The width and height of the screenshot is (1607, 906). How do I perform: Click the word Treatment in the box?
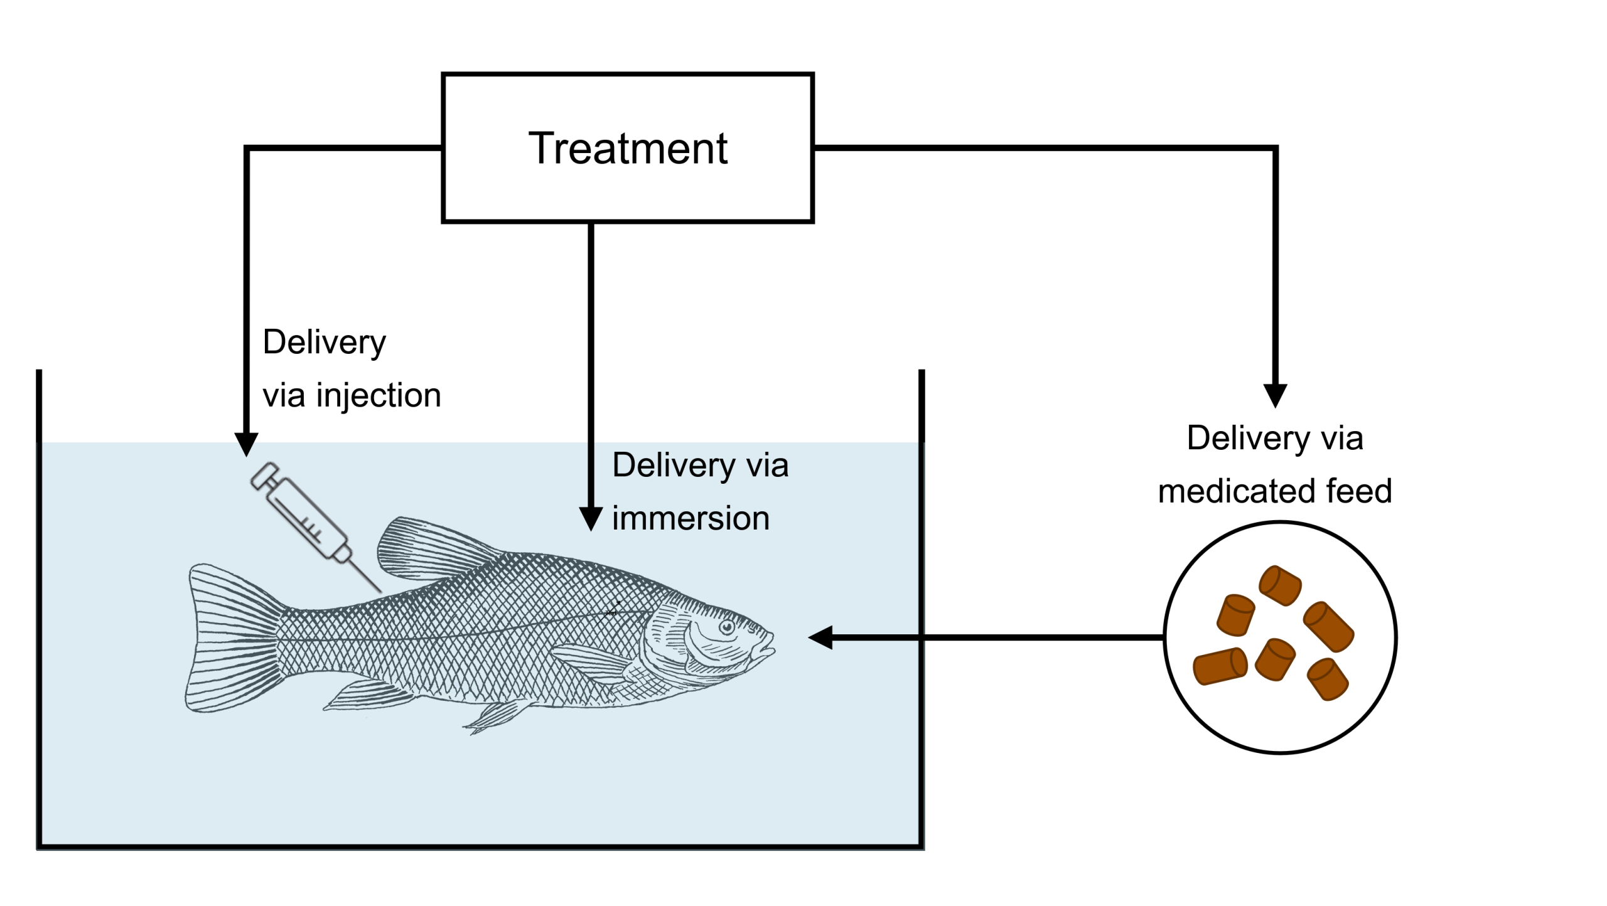click(628, 149)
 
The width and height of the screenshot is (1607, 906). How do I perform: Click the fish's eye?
click(726, 627)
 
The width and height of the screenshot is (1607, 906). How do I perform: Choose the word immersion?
click(691, 519)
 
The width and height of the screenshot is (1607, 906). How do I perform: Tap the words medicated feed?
click(1274, 491)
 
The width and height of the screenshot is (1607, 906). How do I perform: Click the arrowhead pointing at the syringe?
click(246, 444)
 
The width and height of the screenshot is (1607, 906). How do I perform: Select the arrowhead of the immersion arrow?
click(591, 519)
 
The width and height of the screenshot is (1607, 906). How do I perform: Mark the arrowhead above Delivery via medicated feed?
click(1275, 396)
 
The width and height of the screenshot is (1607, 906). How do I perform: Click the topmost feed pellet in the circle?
click(1280, 585)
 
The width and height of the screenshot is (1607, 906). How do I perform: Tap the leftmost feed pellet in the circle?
click(1220, 666)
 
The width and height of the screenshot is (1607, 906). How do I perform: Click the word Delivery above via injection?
click(324, 343)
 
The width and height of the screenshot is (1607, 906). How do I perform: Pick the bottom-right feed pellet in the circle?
click(1328, 679)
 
